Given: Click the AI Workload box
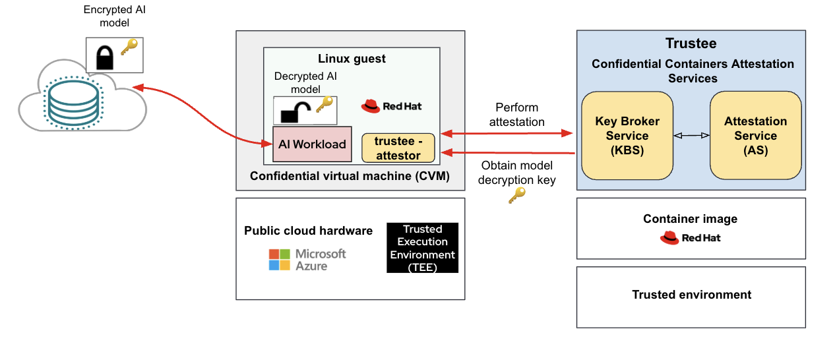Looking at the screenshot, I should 312,144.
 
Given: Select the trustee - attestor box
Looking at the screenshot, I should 398,148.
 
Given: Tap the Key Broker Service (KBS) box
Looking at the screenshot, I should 627,136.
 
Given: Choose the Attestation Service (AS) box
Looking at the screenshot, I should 755,136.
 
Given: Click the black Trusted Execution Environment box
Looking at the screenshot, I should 422,248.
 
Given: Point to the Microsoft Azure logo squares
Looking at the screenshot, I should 280,259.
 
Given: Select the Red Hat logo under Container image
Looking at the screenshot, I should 669,238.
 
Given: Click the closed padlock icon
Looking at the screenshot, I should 105,57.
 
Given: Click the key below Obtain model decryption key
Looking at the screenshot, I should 516,195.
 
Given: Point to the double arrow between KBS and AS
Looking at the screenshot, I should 691,135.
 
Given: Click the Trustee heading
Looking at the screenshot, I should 691,44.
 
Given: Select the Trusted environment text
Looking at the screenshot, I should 691,295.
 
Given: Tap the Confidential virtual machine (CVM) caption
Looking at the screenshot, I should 350,176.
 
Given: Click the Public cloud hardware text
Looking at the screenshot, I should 308,231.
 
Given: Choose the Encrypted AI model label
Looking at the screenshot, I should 106,16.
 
